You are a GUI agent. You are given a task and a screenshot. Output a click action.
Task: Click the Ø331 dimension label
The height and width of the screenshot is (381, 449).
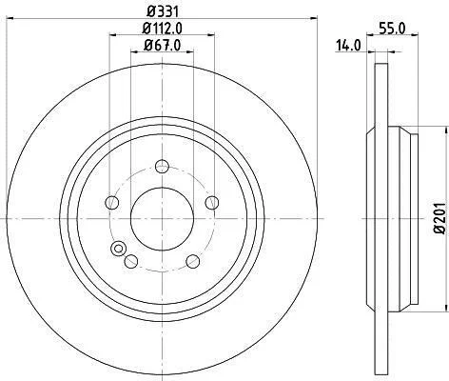tap(163, 12)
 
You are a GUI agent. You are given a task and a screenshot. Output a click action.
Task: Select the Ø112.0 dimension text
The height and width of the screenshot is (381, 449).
tap(163, 29)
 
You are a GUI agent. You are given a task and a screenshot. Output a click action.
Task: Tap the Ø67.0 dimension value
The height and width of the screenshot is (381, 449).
tap(162, 45)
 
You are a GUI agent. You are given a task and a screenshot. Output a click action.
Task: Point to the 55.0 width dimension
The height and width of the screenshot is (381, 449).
tap(392, 29)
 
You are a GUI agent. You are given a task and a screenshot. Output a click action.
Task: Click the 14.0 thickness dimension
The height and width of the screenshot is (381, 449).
tap(348, 46)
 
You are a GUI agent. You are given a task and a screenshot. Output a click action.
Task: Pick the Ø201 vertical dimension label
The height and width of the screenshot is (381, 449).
tap(440, 218)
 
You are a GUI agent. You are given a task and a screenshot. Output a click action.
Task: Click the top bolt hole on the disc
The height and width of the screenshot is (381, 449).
tap(162, 167)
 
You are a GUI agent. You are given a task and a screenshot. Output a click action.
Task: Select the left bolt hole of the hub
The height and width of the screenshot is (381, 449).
tap(111, 202)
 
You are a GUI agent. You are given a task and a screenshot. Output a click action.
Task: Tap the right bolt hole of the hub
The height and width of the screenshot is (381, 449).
tap(212, 203)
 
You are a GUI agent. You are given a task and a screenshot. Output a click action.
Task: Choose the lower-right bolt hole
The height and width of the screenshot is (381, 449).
tap(193, 261)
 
